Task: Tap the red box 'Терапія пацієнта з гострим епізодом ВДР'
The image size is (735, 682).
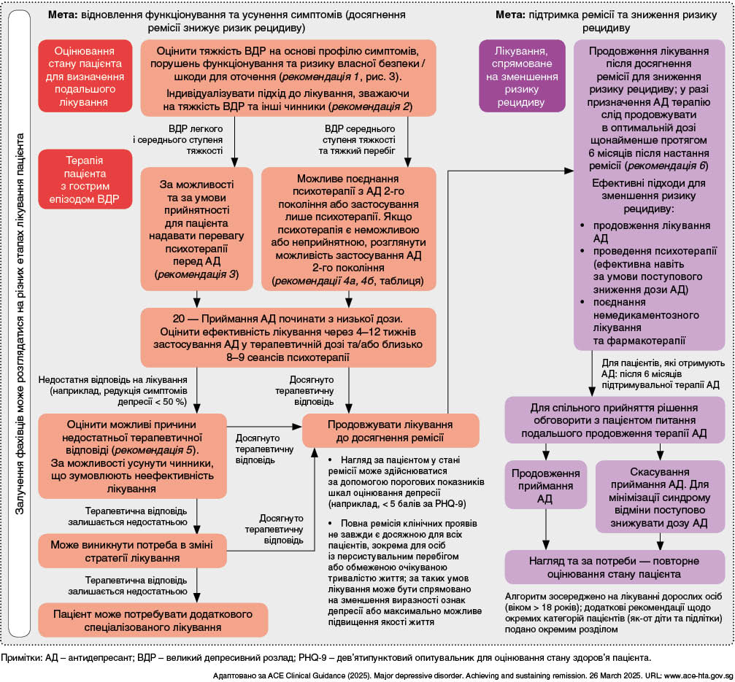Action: click(x=86, y=177)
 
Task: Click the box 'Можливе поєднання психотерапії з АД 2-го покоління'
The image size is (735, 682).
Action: click(x=348, y=229)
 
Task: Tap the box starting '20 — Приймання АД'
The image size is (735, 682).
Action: click(x=288, y=338)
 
